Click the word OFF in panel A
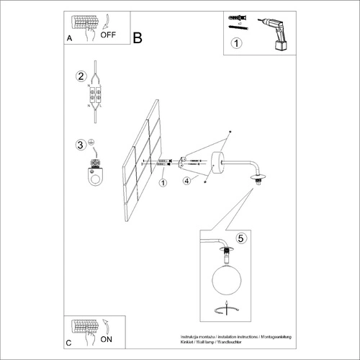point(108,35)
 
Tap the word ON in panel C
point(107,338)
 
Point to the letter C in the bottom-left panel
point(68,343)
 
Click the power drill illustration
point(277,35)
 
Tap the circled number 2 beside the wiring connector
point(81,76)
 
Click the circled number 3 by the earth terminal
point(81,145)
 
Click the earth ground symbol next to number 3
point(93,144)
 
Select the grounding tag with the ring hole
point(94,175)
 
